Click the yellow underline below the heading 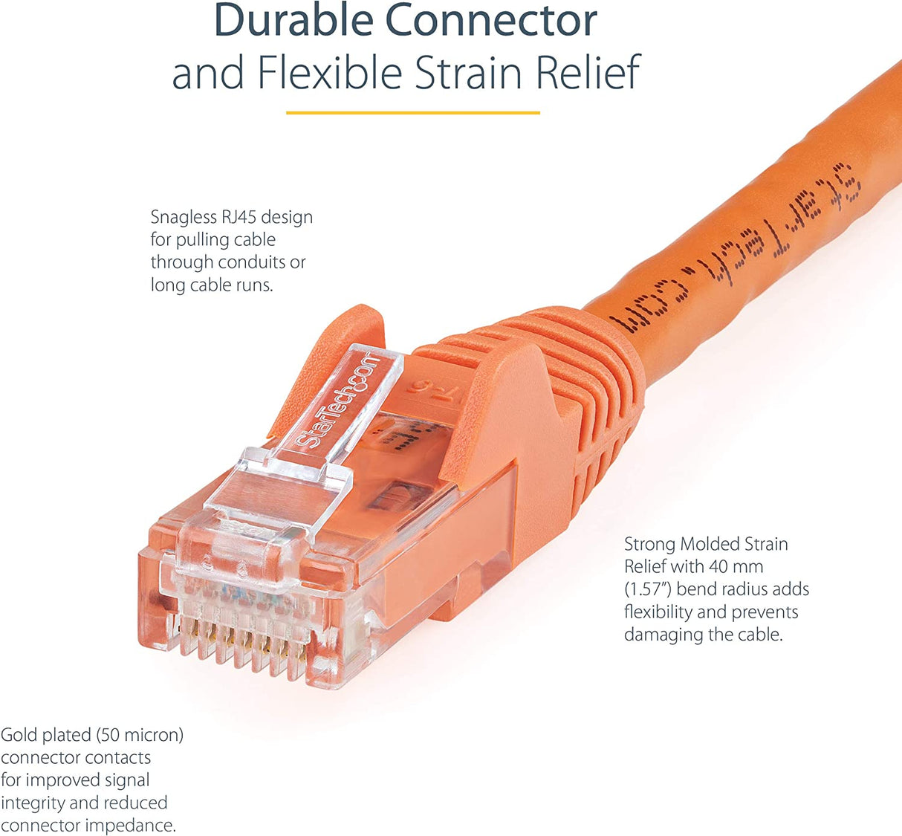click(412, 113)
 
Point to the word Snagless click(184, 217)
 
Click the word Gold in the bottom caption click(18, 735)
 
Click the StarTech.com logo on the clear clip click(338, 401)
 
